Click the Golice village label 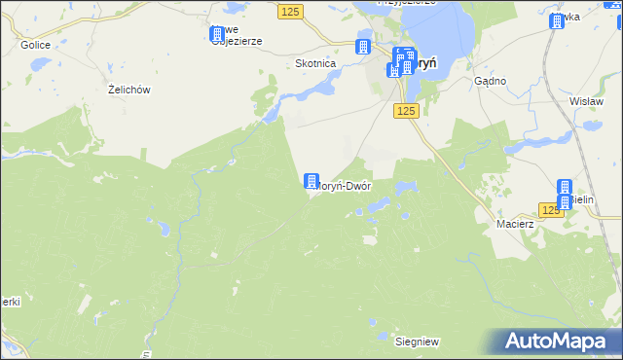point(34,46)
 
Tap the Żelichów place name point(128,90)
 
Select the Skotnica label point(315,63)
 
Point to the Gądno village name point(491,81)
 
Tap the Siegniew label point(416,342)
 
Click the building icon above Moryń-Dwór point(311,181)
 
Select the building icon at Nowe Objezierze point(217,34)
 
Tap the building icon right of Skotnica point(363,47)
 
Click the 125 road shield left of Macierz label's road point(551,210)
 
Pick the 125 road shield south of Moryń point(407,112)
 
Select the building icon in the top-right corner point(556,20)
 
